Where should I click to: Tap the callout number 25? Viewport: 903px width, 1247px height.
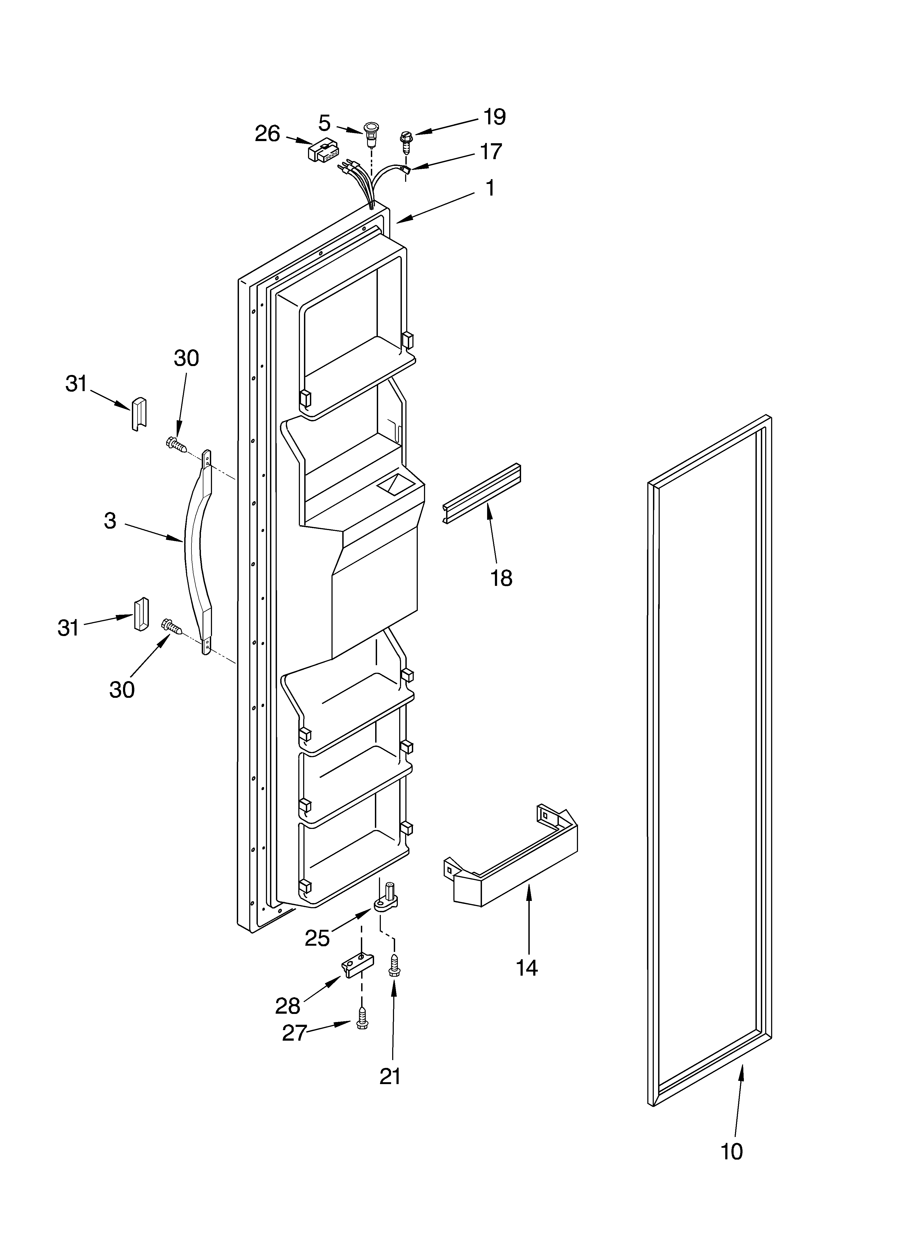click(317, 938)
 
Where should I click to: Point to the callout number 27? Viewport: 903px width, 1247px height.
click(294, 1033)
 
